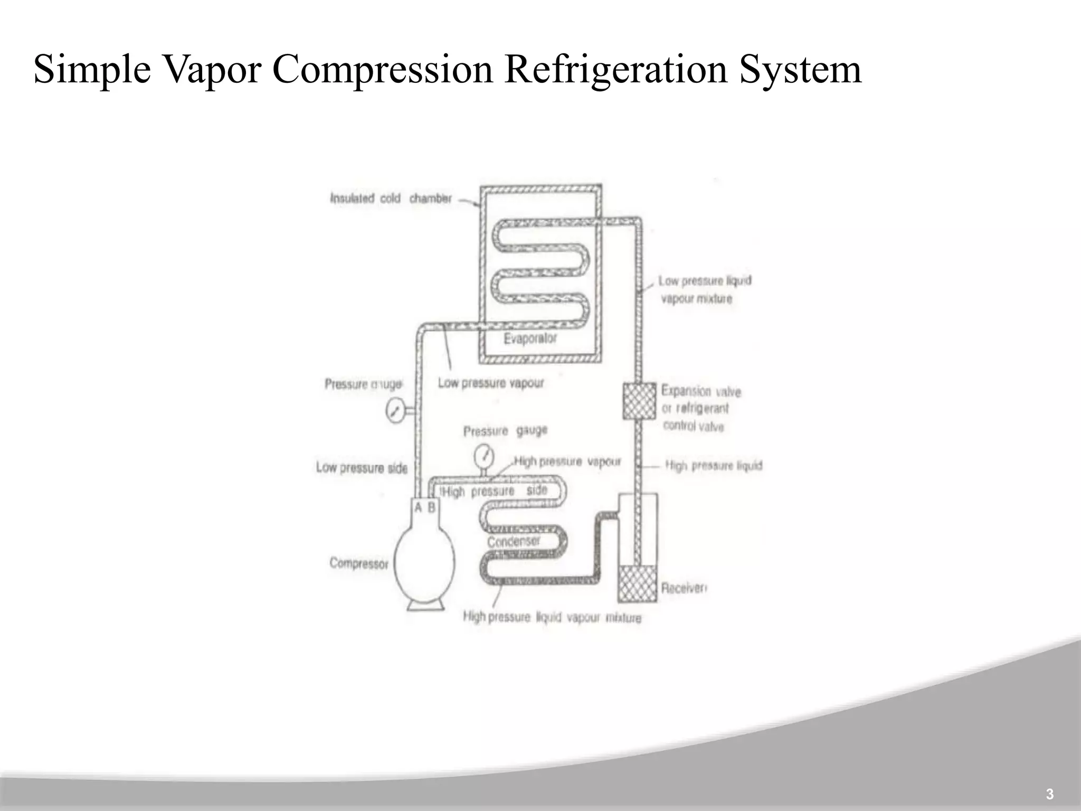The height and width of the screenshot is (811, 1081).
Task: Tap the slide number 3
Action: [x=1049, y=794]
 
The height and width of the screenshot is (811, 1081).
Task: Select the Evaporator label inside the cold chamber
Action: [x=530, y=338]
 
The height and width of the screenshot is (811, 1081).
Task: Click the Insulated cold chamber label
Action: [x=391, y=199]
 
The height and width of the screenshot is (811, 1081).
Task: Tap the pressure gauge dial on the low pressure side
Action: [x=394, y=411]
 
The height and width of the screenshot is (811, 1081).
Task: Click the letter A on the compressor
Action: [x=419, y=507]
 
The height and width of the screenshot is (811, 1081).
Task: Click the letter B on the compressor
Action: [x=431, y=507]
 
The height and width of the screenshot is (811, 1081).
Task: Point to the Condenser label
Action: [x=514, y=541]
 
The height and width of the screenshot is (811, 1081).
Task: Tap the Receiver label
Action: [x=684, y=588]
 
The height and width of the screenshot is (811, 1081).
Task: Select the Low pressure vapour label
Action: [x=490, y=383]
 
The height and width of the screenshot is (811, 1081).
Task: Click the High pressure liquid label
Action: [x=714, y=466]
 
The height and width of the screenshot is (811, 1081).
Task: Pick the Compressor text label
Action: [x=358, y=563]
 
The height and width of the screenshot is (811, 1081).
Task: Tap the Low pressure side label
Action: [x=362, y=468]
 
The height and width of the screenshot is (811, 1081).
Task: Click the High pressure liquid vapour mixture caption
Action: [x=552, y=617]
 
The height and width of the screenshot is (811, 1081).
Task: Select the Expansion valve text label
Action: [x=701, y=391]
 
